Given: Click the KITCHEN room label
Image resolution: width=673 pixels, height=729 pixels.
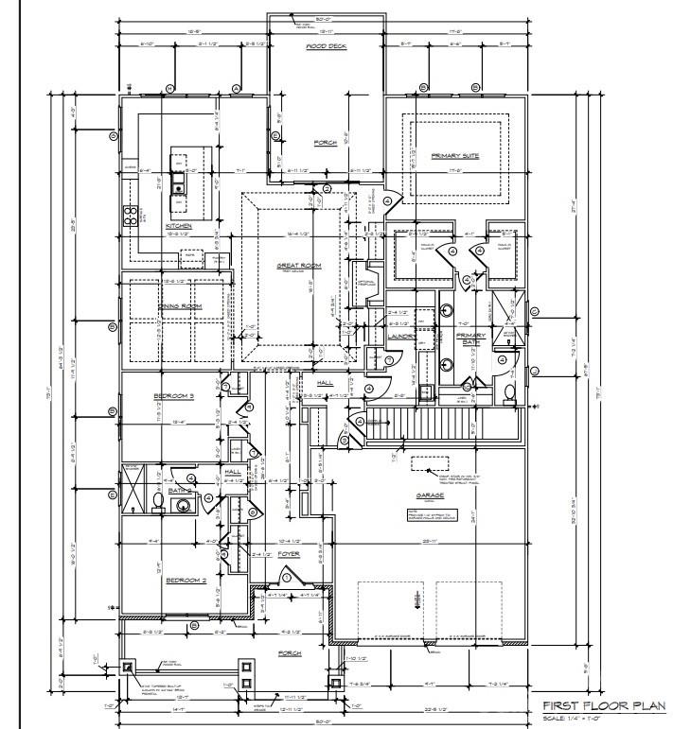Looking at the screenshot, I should click(x=179, y=227).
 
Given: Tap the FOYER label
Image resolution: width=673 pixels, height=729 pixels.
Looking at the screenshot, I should click(x=289, y=555).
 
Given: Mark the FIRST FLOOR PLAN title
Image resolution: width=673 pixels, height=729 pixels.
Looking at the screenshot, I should click(x=602, y=705).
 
